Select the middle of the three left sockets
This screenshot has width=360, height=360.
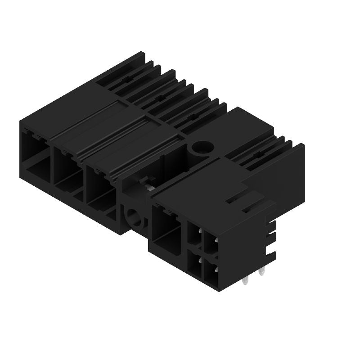67,169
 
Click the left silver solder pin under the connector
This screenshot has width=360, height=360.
245,280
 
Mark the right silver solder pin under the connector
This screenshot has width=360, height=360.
262,272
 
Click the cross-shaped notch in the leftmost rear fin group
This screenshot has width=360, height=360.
129,78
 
